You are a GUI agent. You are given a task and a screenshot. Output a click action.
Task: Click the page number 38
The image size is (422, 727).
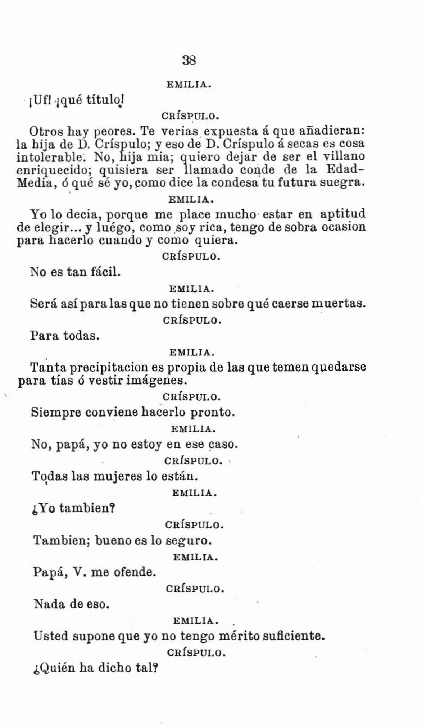[189, 60]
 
